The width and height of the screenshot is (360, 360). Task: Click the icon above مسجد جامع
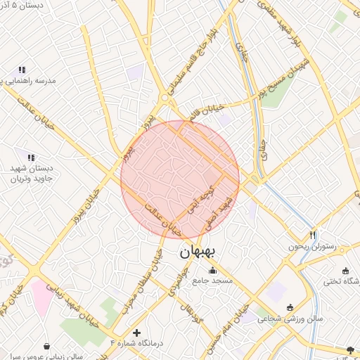point(212,271)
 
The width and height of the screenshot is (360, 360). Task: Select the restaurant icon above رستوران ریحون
point(312,235)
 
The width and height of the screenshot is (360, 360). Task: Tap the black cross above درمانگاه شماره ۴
point(136,331)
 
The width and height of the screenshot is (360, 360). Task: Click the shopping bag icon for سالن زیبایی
point(46,346)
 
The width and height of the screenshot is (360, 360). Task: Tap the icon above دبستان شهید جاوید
point(30,157)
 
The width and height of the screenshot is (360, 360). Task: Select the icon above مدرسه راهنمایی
point(22,70)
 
